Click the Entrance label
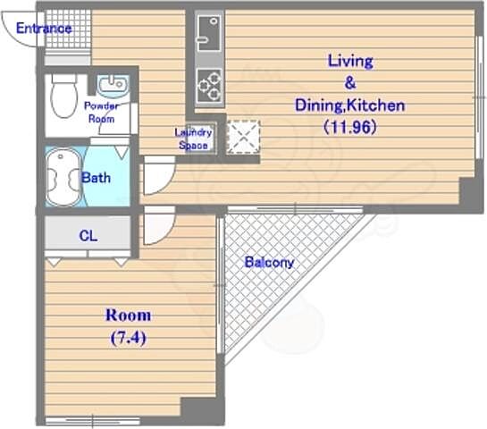point(44,29)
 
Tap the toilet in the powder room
point(64,96)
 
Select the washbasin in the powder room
point(113,85)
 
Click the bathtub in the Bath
point(64,176)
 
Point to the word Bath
point(96,178)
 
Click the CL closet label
point(88,236)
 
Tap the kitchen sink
point(209,33)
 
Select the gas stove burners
point(209,85)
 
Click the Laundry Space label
point(193,139)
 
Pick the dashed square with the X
point(243,137)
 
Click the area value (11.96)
point(350,127)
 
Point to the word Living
point(350,61)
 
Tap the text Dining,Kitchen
point(350,105)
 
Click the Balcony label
point(269,263)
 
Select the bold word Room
point(129,315)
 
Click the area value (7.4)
point(129,337)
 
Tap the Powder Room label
point(101,112)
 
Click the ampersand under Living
point(350,83)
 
